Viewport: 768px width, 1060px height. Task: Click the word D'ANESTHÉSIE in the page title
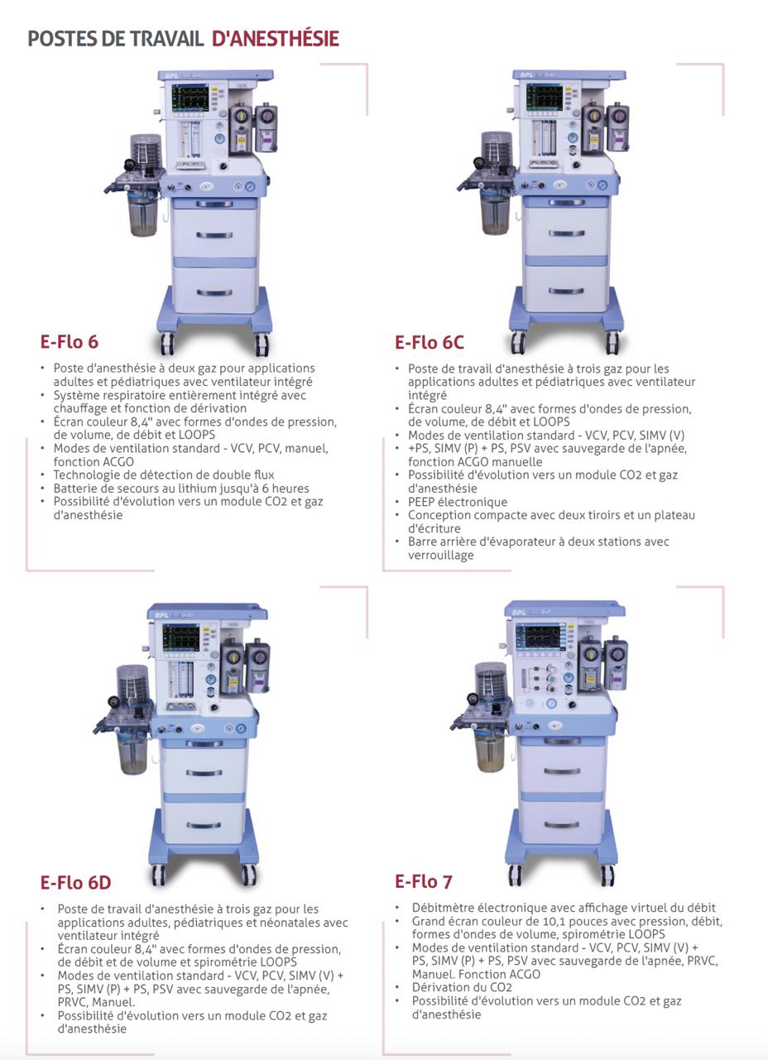276,39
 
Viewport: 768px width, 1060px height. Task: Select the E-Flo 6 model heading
70,342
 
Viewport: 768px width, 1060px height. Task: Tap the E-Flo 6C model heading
430,342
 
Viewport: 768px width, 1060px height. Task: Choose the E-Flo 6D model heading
75,883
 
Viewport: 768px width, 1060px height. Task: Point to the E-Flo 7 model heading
424,882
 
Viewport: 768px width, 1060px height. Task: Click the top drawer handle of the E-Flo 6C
567,234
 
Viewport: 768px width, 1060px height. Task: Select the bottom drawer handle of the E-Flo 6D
204,826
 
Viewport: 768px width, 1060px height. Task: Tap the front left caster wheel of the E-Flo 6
166,343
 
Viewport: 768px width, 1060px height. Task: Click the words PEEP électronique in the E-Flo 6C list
458,502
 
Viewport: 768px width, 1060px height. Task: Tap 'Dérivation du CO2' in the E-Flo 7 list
462,987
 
